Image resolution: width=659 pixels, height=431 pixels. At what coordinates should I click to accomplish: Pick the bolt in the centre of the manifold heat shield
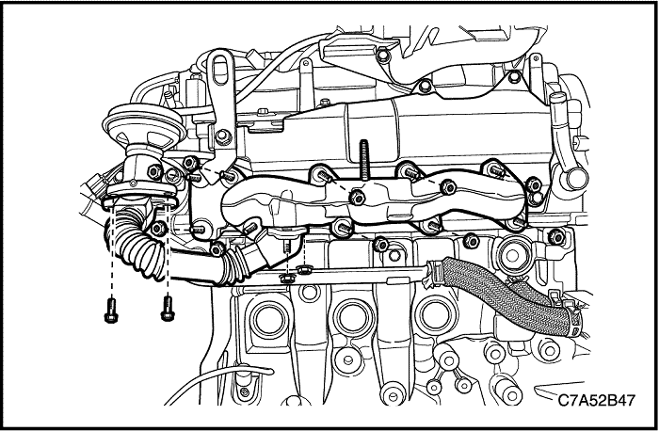click(x=358, y=198)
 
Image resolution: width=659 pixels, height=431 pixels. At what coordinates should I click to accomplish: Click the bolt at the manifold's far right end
click(x=536, y=200)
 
